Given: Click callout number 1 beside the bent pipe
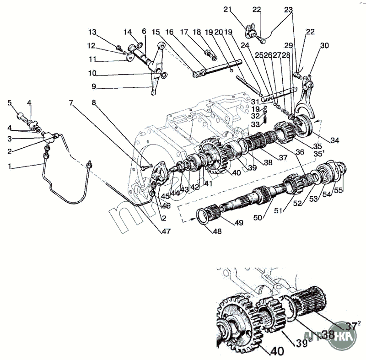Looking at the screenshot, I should (9, 167).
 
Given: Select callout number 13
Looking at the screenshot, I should (93, 32).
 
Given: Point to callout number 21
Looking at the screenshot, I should (228, 9).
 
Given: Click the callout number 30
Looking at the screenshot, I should (325, 46).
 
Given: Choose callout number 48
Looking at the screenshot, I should (216, 231).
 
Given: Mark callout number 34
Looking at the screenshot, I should (335, 140).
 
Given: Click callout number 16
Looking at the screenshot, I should (170, 32).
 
